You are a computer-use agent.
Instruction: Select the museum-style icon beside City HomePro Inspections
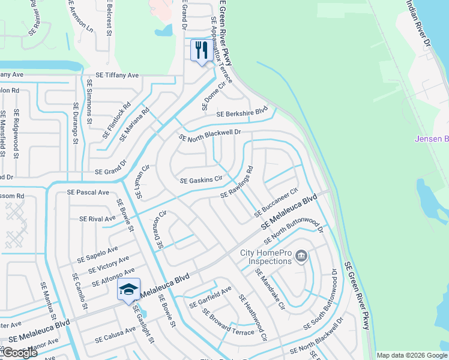pyautogui.click(x=302, y=257)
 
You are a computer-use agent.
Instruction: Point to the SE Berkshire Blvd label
pyautogui.click(x=241, y=113)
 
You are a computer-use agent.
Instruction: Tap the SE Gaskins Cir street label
pyautogui.click(x=201, y=179)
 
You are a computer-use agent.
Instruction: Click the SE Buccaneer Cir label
pyautogui.click(x=276, y=203)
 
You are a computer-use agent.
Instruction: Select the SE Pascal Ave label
pyautogui.click(x=88, y=193)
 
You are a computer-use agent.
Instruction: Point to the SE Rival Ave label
pyautogui.click(x=97, y=219)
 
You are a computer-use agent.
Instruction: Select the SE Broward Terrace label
pyautogui.click(x=228, y=323)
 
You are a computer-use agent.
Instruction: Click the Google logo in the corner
pyautogui.click(x=19, y=353)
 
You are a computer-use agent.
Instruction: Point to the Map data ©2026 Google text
pyautogui.click(x=412, y=355)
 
